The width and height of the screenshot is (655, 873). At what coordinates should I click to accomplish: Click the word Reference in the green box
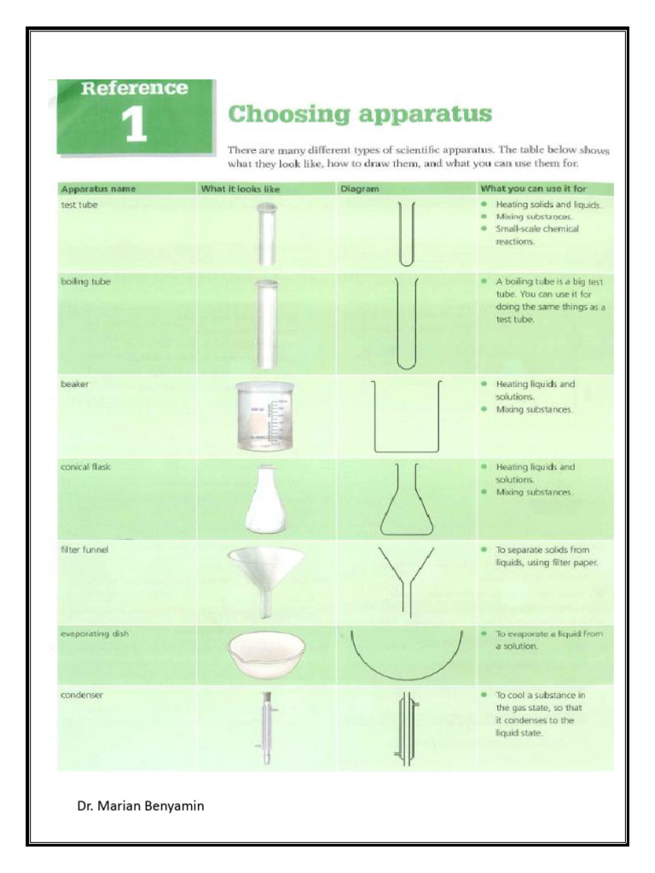tap(134, 89)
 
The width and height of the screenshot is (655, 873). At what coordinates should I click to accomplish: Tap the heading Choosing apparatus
tap(360, 113)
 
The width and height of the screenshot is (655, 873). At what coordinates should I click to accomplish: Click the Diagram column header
tap(358, 188)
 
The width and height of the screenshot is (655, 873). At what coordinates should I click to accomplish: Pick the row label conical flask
tap(86, 467)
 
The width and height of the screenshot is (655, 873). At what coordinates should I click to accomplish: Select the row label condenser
tap(82, 695)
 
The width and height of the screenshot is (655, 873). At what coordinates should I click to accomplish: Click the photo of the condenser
tap(267, 728)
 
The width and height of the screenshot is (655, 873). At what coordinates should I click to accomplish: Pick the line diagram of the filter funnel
tap(406, 580)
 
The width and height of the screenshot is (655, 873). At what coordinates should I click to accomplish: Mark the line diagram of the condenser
tap(405, 729)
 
